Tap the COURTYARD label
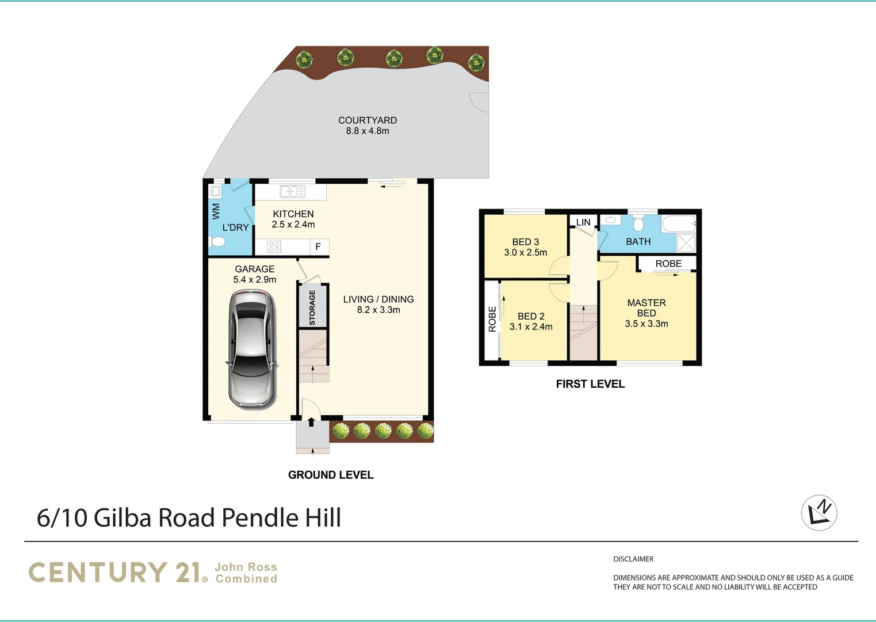click(x=367, y=120)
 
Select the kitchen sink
click(x=292, y=191)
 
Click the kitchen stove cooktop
click(x=274, y=247)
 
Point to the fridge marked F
click(x=317, y=247)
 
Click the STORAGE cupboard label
click(x=312, y=308)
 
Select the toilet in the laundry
click(x=217, y=242)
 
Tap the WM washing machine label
click(x=216, y=211)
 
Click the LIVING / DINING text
click(x=378, y=299)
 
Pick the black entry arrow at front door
click(x=311, y=423)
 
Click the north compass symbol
click(x=819, y=513)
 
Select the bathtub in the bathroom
click(x=678, y=223)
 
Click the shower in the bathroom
click(x=686, y=242)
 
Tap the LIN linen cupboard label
click(x=583, y=222)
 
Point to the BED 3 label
click(x=525, y=242)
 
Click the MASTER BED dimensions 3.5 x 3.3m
click(x=647, y=324)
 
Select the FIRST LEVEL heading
click(x=590, y=384)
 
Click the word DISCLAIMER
click(x=633, y=559)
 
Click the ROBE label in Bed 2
click(x=492, y=319)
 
